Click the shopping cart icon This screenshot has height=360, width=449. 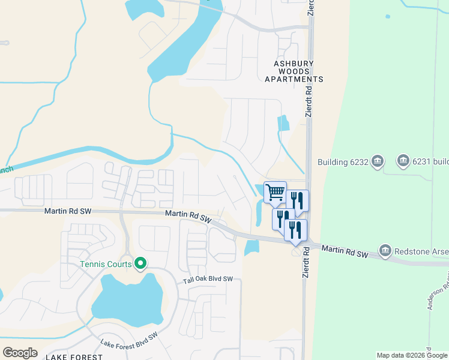275,193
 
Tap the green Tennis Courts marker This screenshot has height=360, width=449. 140,263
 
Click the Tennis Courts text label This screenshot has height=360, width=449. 107,263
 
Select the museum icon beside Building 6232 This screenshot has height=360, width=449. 377,161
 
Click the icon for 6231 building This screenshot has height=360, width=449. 403,161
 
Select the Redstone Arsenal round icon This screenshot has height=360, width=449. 385,250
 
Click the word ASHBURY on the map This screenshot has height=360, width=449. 294,63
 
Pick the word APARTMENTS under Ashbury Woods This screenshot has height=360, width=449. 294,79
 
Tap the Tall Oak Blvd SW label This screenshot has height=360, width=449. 207,279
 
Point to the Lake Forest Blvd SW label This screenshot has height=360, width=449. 129,340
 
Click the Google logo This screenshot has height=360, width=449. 20,353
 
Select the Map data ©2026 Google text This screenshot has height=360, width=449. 412,355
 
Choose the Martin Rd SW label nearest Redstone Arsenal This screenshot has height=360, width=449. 344,251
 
